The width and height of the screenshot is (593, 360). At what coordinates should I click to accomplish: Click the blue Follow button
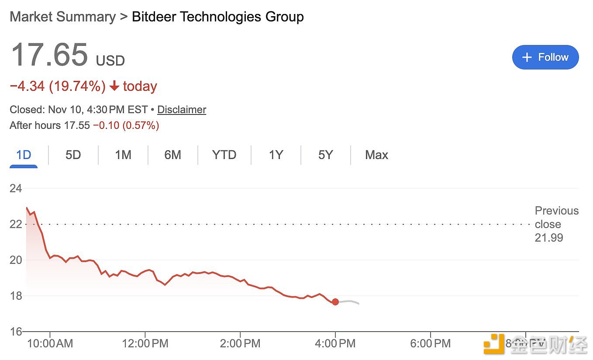click(545, 57)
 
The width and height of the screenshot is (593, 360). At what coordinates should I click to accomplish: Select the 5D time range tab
click(73, 155)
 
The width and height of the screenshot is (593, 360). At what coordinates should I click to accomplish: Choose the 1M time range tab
click(123, 155)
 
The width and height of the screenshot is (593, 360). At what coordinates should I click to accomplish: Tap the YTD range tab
click(224, 155)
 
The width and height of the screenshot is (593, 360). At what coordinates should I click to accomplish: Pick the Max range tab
click(376, 155)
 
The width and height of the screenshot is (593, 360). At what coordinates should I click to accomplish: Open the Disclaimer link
click(181, 110)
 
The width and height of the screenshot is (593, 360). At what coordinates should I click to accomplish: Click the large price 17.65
click(49, 55)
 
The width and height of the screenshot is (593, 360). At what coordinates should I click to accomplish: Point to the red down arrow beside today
click(114, 87)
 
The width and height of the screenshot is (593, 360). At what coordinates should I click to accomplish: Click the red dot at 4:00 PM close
click(335, 302)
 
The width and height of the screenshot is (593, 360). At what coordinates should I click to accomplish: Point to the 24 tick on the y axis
click(16, 189)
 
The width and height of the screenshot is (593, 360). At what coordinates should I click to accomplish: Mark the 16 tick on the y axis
click(16, 332)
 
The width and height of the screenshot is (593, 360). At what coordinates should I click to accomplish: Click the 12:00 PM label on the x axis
click(145, 344)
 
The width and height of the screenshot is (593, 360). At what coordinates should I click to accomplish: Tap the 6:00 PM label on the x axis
click(430, 344)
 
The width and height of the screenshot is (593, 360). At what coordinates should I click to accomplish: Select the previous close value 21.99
click(549, 238)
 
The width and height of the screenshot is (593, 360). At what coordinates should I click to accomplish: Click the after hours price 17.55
click(77, 126)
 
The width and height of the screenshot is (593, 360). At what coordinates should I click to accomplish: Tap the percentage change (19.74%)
click(77, 87)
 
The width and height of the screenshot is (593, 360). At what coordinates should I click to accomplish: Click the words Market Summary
click(62, 17)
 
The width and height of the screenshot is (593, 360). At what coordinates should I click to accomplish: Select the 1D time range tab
click(24, 155)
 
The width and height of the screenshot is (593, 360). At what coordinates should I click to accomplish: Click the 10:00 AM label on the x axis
click(50, 344)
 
